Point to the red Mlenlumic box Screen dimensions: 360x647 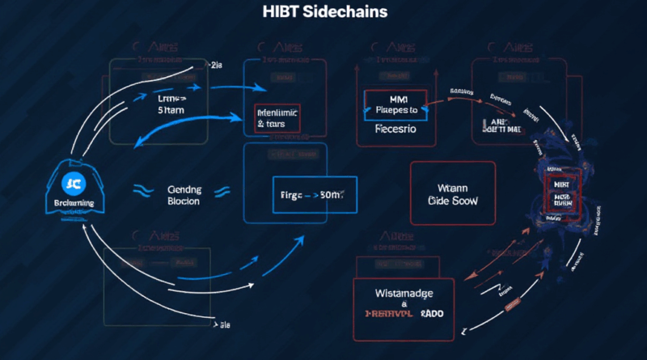pos(277,118)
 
